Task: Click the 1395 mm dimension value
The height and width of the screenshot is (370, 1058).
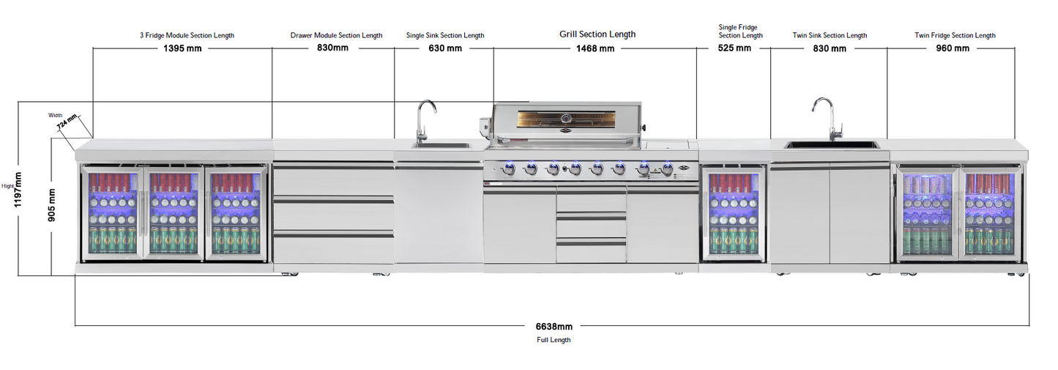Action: (182, 48)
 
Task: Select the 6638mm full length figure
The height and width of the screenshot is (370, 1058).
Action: (554, 327)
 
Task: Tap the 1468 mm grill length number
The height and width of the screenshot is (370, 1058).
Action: (595, 48)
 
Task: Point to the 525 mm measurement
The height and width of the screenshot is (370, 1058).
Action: (734, 48)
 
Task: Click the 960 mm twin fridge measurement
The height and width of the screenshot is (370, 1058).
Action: (953, 48)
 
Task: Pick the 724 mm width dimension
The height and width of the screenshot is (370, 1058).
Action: (67, 122)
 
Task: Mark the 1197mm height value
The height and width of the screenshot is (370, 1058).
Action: (18, 190)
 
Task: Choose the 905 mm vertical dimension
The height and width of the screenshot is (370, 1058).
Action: (51, 205)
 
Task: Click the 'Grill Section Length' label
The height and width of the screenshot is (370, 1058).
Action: (597, 34)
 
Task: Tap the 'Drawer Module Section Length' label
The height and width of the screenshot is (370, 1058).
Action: (336, 35)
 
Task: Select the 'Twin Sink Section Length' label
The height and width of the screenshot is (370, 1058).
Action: (830, 35)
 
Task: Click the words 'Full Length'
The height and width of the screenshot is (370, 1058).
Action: (554, 340)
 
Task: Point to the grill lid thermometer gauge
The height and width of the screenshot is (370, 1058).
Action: (566, 118)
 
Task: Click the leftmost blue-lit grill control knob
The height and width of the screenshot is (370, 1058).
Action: (509, 169)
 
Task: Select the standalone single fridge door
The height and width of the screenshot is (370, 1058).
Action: (733, 213)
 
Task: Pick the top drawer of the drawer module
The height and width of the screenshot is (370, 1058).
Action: (333, 180)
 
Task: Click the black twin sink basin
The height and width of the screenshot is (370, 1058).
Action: (832, 144)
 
